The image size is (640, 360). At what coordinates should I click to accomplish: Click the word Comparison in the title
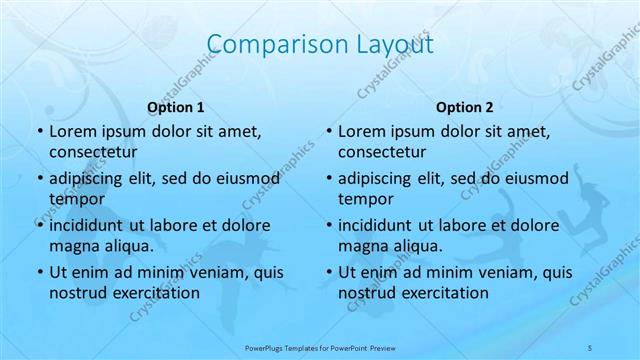[264, 44]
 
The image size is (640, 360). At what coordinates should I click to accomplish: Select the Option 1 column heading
[176, 107]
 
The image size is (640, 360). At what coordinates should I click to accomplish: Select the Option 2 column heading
[465, 107]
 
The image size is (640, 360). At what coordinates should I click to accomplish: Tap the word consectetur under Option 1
[94, 152]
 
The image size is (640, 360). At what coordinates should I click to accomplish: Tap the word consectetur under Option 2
[383, 152]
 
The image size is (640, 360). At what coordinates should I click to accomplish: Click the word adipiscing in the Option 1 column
[90, 179]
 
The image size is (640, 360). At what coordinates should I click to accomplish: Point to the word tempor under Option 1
[73, 198]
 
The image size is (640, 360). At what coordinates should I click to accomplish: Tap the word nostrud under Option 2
[369, 292]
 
